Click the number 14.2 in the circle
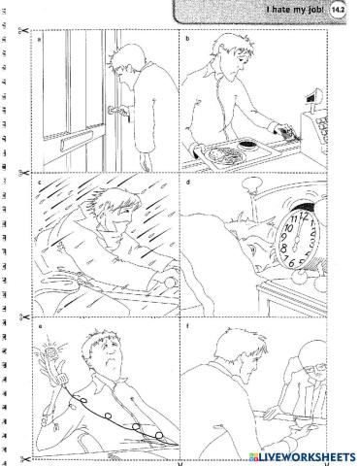coord(338,10)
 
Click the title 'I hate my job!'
coord(295,10)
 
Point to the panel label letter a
coord(40,40)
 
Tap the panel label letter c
coord(40,183)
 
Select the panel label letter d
coord(188,183)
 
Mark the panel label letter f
coord(187,326)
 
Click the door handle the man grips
coord(118,112)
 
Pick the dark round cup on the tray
coord(248,144)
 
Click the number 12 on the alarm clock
coord(303,216)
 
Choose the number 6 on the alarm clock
coord(291,263)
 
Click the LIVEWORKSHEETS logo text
coord(302,457)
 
